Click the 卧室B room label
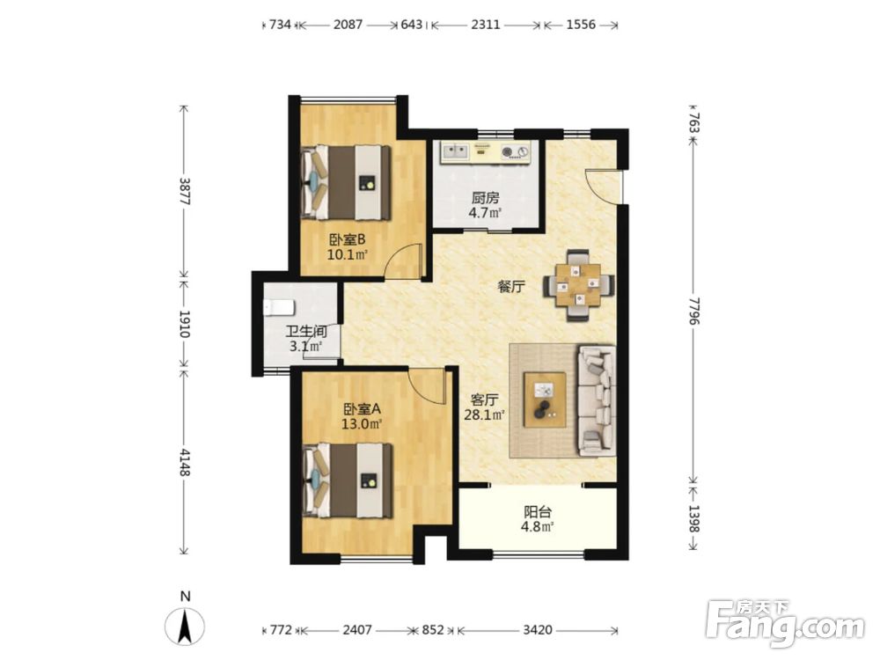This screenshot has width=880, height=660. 348,239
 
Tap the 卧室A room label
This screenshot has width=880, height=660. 362,408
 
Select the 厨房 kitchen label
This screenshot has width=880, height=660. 485,198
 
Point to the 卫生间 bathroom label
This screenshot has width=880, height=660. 306,332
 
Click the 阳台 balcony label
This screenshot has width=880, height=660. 538,512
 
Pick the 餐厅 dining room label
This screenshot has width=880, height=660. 511,287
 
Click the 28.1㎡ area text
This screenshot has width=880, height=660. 484,415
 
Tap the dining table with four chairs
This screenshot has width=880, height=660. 579,286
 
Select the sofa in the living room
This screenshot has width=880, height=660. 598,400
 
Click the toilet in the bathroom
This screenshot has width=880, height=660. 279,307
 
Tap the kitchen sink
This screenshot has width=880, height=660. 455,151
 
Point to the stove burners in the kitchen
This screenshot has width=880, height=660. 515,151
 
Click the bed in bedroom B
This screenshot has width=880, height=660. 346,183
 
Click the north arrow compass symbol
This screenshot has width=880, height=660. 185,624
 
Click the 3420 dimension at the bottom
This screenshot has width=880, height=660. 537,630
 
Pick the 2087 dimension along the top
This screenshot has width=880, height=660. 348,25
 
